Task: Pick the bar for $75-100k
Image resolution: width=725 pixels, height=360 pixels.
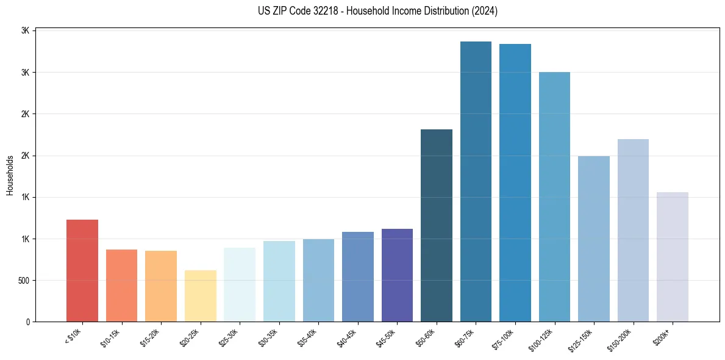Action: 515,182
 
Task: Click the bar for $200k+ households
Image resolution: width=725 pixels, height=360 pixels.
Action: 673,257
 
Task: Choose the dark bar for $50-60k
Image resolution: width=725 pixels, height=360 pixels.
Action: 437,225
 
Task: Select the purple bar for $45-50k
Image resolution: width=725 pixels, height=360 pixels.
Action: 397,275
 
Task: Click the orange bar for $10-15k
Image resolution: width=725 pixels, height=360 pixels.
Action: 121,286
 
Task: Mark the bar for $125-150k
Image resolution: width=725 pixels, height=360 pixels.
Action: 594,239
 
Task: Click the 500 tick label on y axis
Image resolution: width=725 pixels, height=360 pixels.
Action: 24,281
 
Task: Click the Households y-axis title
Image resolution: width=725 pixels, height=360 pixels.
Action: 10,175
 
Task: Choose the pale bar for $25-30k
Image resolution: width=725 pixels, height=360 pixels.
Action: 240,284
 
